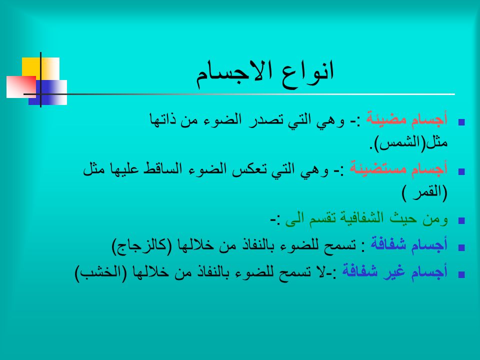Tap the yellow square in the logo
click(40, 68)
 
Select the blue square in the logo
click(48, 92)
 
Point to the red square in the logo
click(21, 87)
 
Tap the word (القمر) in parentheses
click(424, 193)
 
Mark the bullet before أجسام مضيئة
click(461, 122)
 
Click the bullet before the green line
click(461, 220)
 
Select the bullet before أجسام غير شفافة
click(461, 274)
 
